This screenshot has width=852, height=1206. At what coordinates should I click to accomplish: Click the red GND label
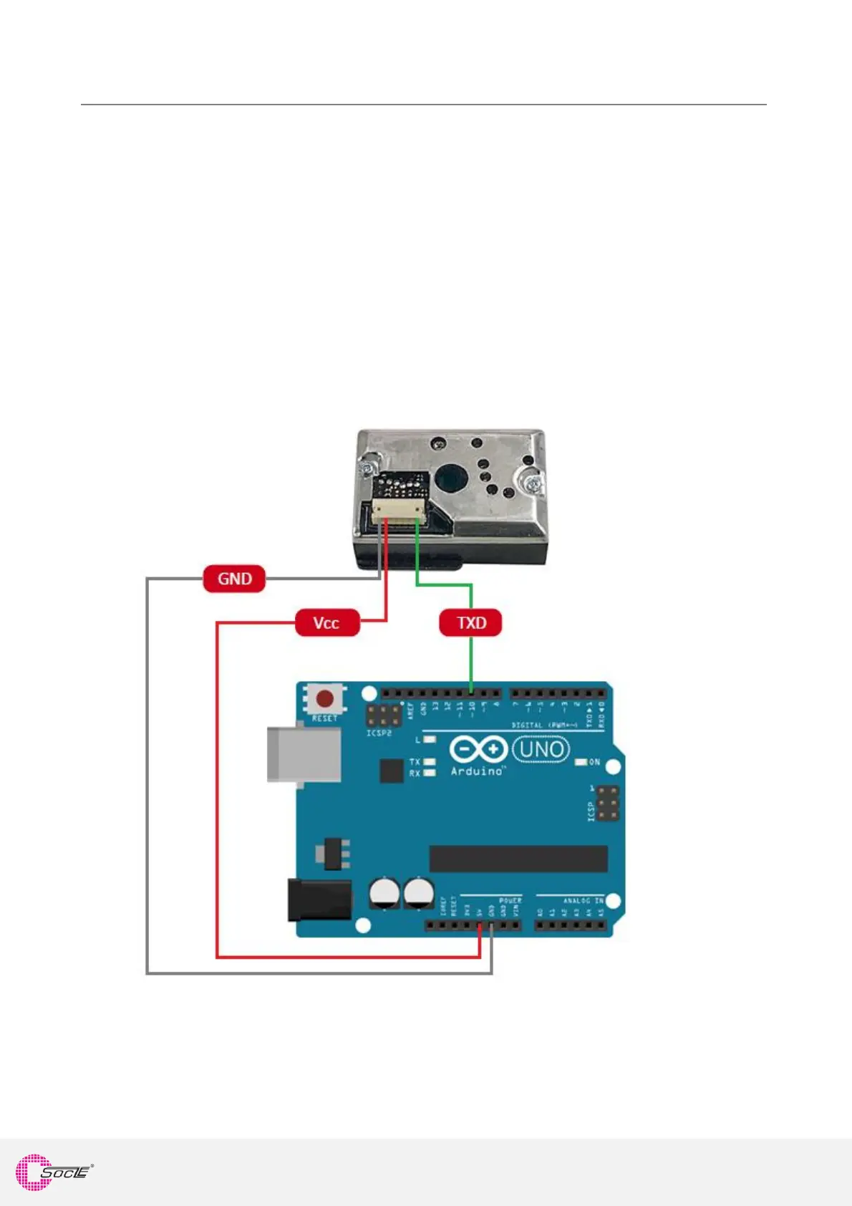pyautogui.click(x=234, y=579)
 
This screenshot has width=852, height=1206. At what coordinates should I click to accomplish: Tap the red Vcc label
pyautogui.click(x=326, y=623)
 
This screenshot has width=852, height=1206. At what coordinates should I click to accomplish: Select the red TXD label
pyautogui.click(x=471, y=623)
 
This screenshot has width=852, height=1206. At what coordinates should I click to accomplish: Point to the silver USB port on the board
pyautogui.click(x=303, y=755)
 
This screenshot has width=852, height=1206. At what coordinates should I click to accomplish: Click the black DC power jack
pyautogui.click(x=319, y=899)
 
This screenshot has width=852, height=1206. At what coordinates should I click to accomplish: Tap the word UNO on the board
pyautogui.click(x=541, y=750)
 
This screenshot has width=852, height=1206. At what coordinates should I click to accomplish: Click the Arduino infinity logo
pyautogui.click(x=478, y=750)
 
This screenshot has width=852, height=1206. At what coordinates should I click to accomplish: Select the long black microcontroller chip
pyautogui.click(x=518, y=858)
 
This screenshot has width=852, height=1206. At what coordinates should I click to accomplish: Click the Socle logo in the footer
pyautogui.click(x=54, y=1172)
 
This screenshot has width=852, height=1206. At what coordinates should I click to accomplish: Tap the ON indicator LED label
pyautogui.click(x=594, y=762)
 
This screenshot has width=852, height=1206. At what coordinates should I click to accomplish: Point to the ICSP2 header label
pyautogui.click(x=379, y=733)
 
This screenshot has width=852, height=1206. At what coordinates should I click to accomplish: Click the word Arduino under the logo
pyautogui.click(x=476, y=771)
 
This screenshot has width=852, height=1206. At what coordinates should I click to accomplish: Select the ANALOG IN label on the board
pyautogui.click(x=583, y=900)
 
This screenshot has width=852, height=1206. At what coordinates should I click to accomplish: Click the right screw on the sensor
pyautogui.click(x=532, y=483)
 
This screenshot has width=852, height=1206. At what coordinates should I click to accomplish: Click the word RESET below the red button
pyautogui.click(x=324, y=718)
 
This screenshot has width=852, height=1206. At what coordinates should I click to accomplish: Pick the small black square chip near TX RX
pyautogui.click(x=391, y=771)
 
